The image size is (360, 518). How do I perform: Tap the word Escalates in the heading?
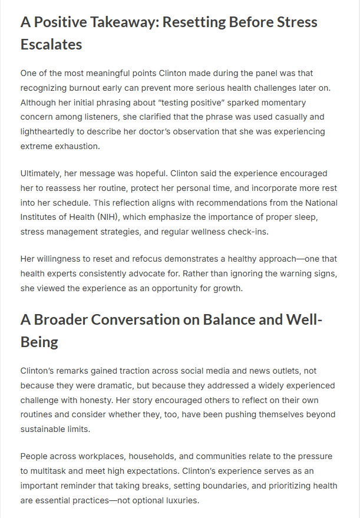pyautogui.click(x=51, y=44)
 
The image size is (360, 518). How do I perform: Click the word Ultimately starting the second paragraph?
pyautogui.click(x=42, y=174)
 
